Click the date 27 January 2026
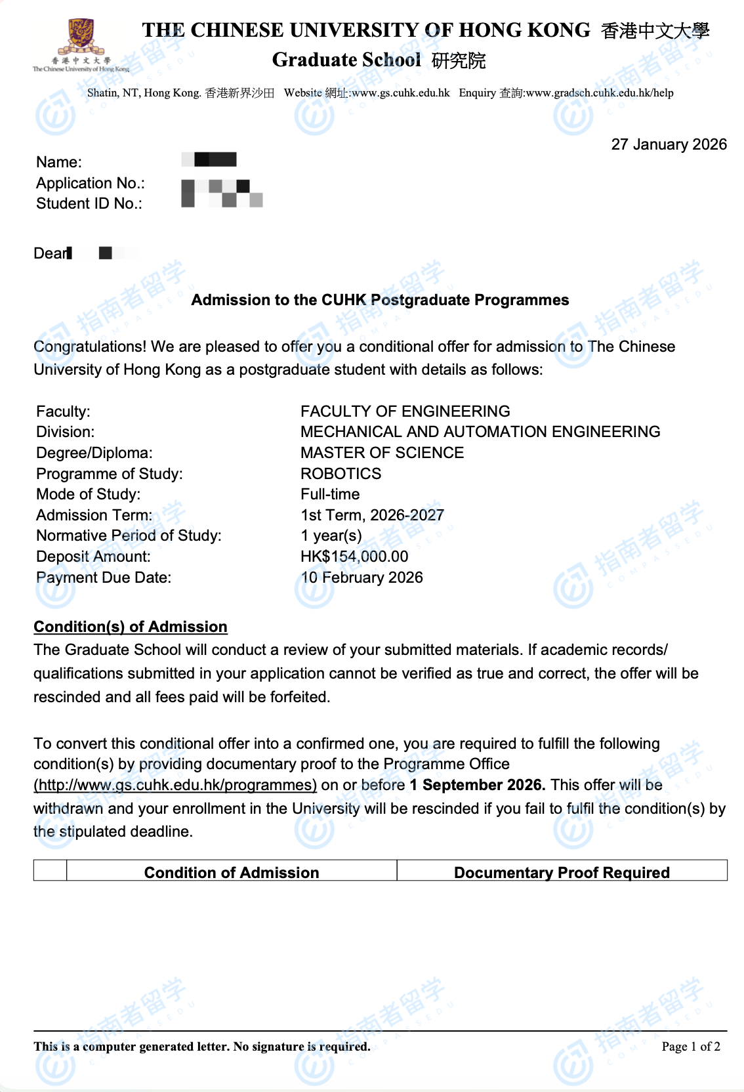point(669,144)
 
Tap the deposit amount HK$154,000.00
point(354,556)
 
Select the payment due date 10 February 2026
point(362,577)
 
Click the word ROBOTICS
point(341,474)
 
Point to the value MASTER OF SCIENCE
point(382,453)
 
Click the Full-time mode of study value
point(330,494)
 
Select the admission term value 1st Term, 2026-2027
point(372,515)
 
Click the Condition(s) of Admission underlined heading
point(131,627)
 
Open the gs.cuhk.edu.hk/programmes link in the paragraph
point(175,786)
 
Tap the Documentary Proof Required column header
point(562,872)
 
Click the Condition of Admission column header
point(232,872)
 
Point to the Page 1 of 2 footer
point(691,1047)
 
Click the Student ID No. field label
point(89,203)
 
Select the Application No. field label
point(91,183)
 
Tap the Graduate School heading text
point(346,60)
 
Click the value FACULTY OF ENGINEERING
point(405,411)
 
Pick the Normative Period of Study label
point(129,535)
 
